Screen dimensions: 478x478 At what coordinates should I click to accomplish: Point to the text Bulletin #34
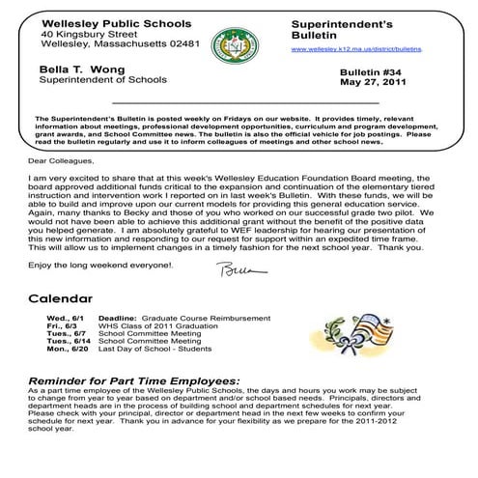coord(373,73)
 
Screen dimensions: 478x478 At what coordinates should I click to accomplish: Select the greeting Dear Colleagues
coord(63,162)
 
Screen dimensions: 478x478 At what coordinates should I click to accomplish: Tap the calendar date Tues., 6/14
coord(65,342)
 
